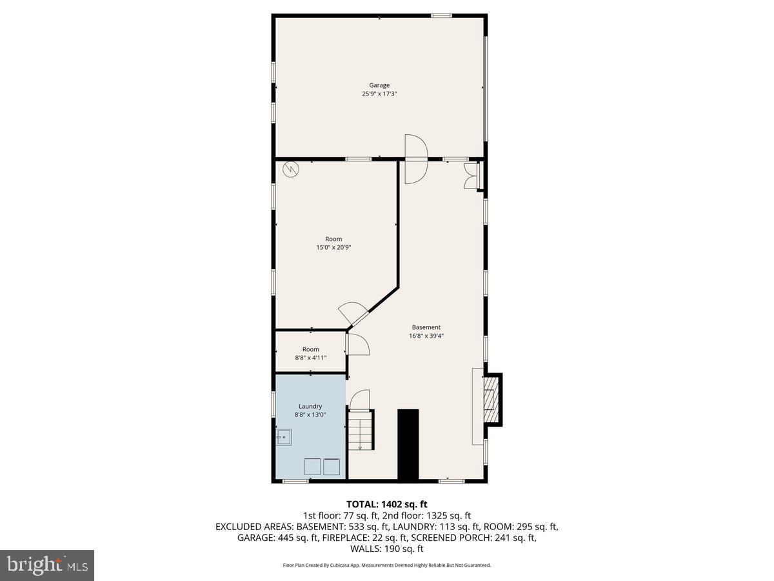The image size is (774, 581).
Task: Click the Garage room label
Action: (x=379, y=85)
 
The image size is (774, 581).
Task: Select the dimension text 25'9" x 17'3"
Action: (x=379, y=94)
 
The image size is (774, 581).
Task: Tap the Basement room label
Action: (x=426, y=327)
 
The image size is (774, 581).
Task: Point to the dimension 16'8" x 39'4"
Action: (x=426, y=336)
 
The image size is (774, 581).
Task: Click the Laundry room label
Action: (x=310, y=406)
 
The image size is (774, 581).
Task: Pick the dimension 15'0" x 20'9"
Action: (x=333, y=247)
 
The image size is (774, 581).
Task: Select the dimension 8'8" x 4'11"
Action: (x=311, y=358)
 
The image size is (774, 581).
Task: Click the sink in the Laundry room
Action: (x=284, y=438)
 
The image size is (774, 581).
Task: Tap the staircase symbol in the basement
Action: (x=361, y=429)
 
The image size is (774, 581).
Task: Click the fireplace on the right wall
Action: (x=492, y=400)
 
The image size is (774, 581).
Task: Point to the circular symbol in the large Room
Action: (x=291, y=169)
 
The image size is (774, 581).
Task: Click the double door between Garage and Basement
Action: (x=416, y=158)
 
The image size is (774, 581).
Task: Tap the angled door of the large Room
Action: (x=353, y=314)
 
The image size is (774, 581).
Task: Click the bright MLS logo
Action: (x=47, y=565)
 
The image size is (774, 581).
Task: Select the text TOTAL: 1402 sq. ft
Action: (x=387, y=504)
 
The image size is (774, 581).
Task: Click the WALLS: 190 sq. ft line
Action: (x=387, y=549)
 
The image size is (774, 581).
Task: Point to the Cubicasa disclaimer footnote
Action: (x=387, y=565)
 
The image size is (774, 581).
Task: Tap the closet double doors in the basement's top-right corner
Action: (x=471, y=176)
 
